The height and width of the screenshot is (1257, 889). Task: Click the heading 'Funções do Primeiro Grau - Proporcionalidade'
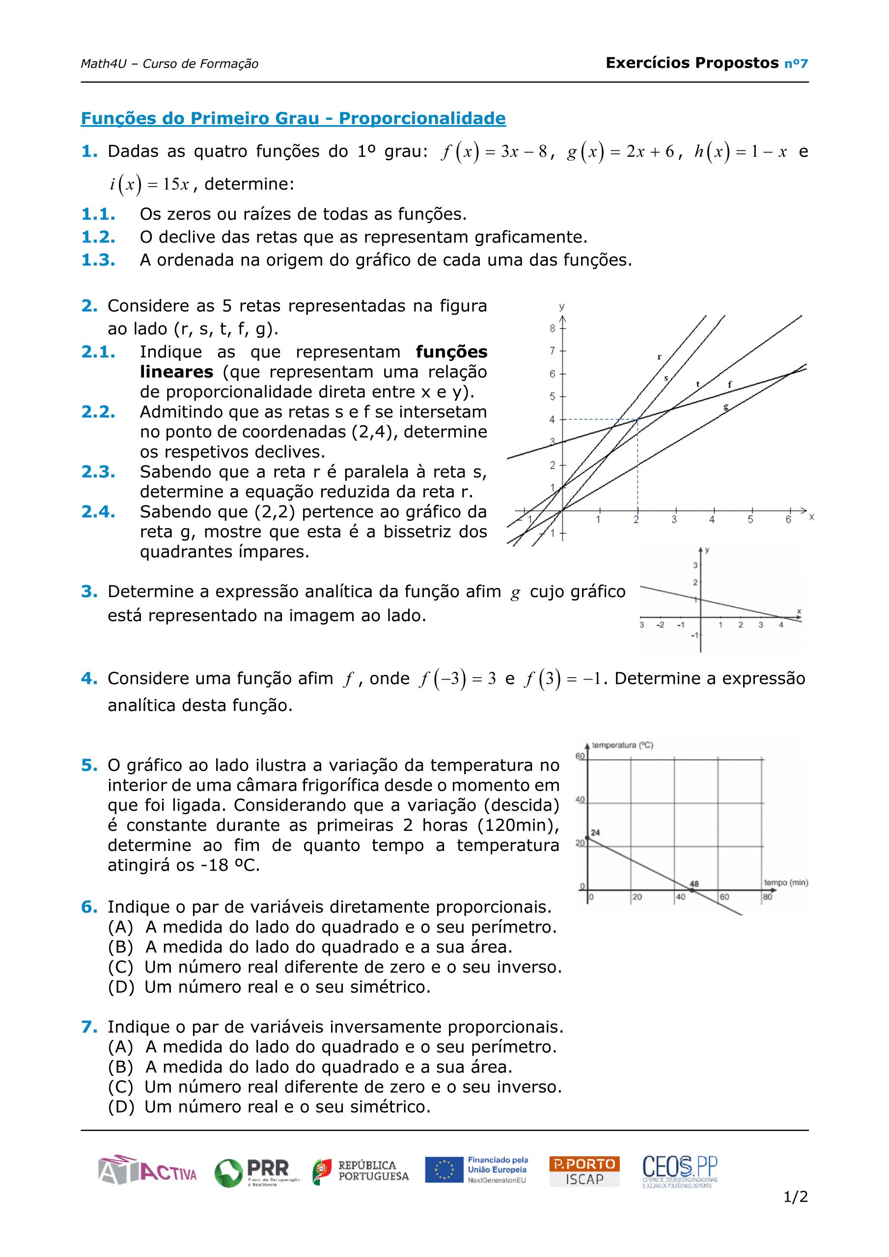(x=293, y=118)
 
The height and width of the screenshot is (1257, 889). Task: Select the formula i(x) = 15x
(x=149, y=185)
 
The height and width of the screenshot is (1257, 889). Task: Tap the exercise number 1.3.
(x=98, y=260)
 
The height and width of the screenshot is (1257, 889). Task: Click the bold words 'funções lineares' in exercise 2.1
(x=313, y=362)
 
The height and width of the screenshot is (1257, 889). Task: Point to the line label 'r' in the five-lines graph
(x=659, y=357)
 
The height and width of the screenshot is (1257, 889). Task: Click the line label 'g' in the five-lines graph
(x=726, y=406)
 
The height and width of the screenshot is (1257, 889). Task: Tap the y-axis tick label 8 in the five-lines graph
(x=552, y=328)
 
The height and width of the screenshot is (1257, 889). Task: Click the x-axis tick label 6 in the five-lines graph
(x=788, y=519)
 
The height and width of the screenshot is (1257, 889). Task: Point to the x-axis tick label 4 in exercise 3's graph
(x=780, y=625)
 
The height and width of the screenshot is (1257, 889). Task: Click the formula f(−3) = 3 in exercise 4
(x=457, y=679)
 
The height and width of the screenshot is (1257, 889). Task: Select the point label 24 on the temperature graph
(x=595, y=833)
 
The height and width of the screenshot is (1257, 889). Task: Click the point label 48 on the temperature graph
(x=694, y=884)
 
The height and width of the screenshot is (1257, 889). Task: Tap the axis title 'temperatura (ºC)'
(x=623, y=745)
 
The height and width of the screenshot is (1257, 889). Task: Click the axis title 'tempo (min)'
(x=786, y=882)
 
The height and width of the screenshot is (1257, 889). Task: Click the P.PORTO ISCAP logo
(x=584, y=1171)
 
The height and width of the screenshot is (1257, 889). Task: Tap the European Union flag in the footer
(x=444, y=1171)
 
